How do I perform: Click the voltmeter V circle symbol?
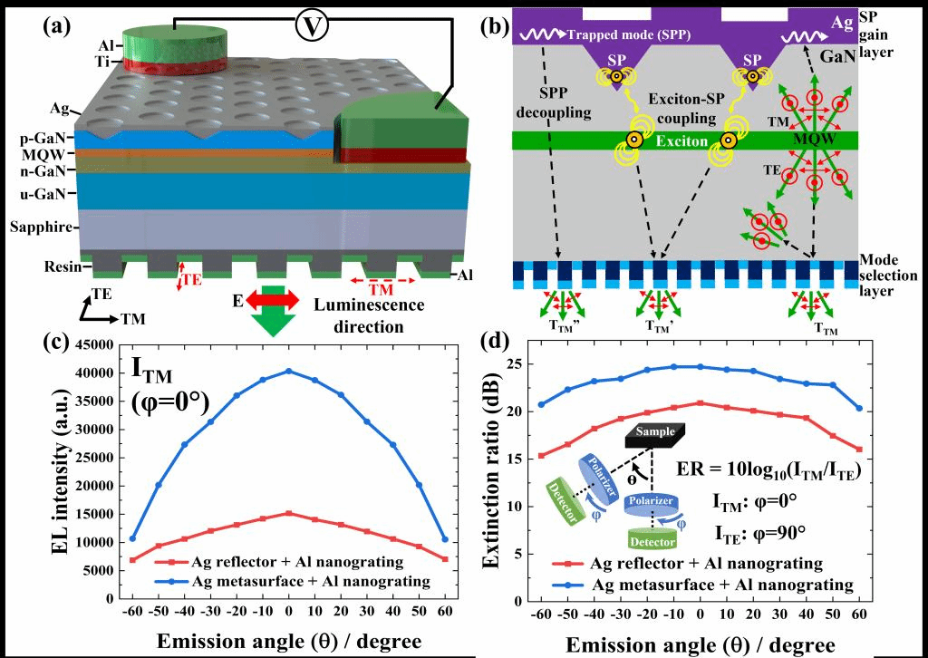click(311, 26)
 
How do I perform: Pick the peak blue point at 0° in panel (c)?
click(288, 370)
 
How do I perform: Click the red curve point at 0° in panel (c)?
click(288, 513)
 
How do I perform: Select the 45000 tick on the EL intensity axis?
click(94, 344)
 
